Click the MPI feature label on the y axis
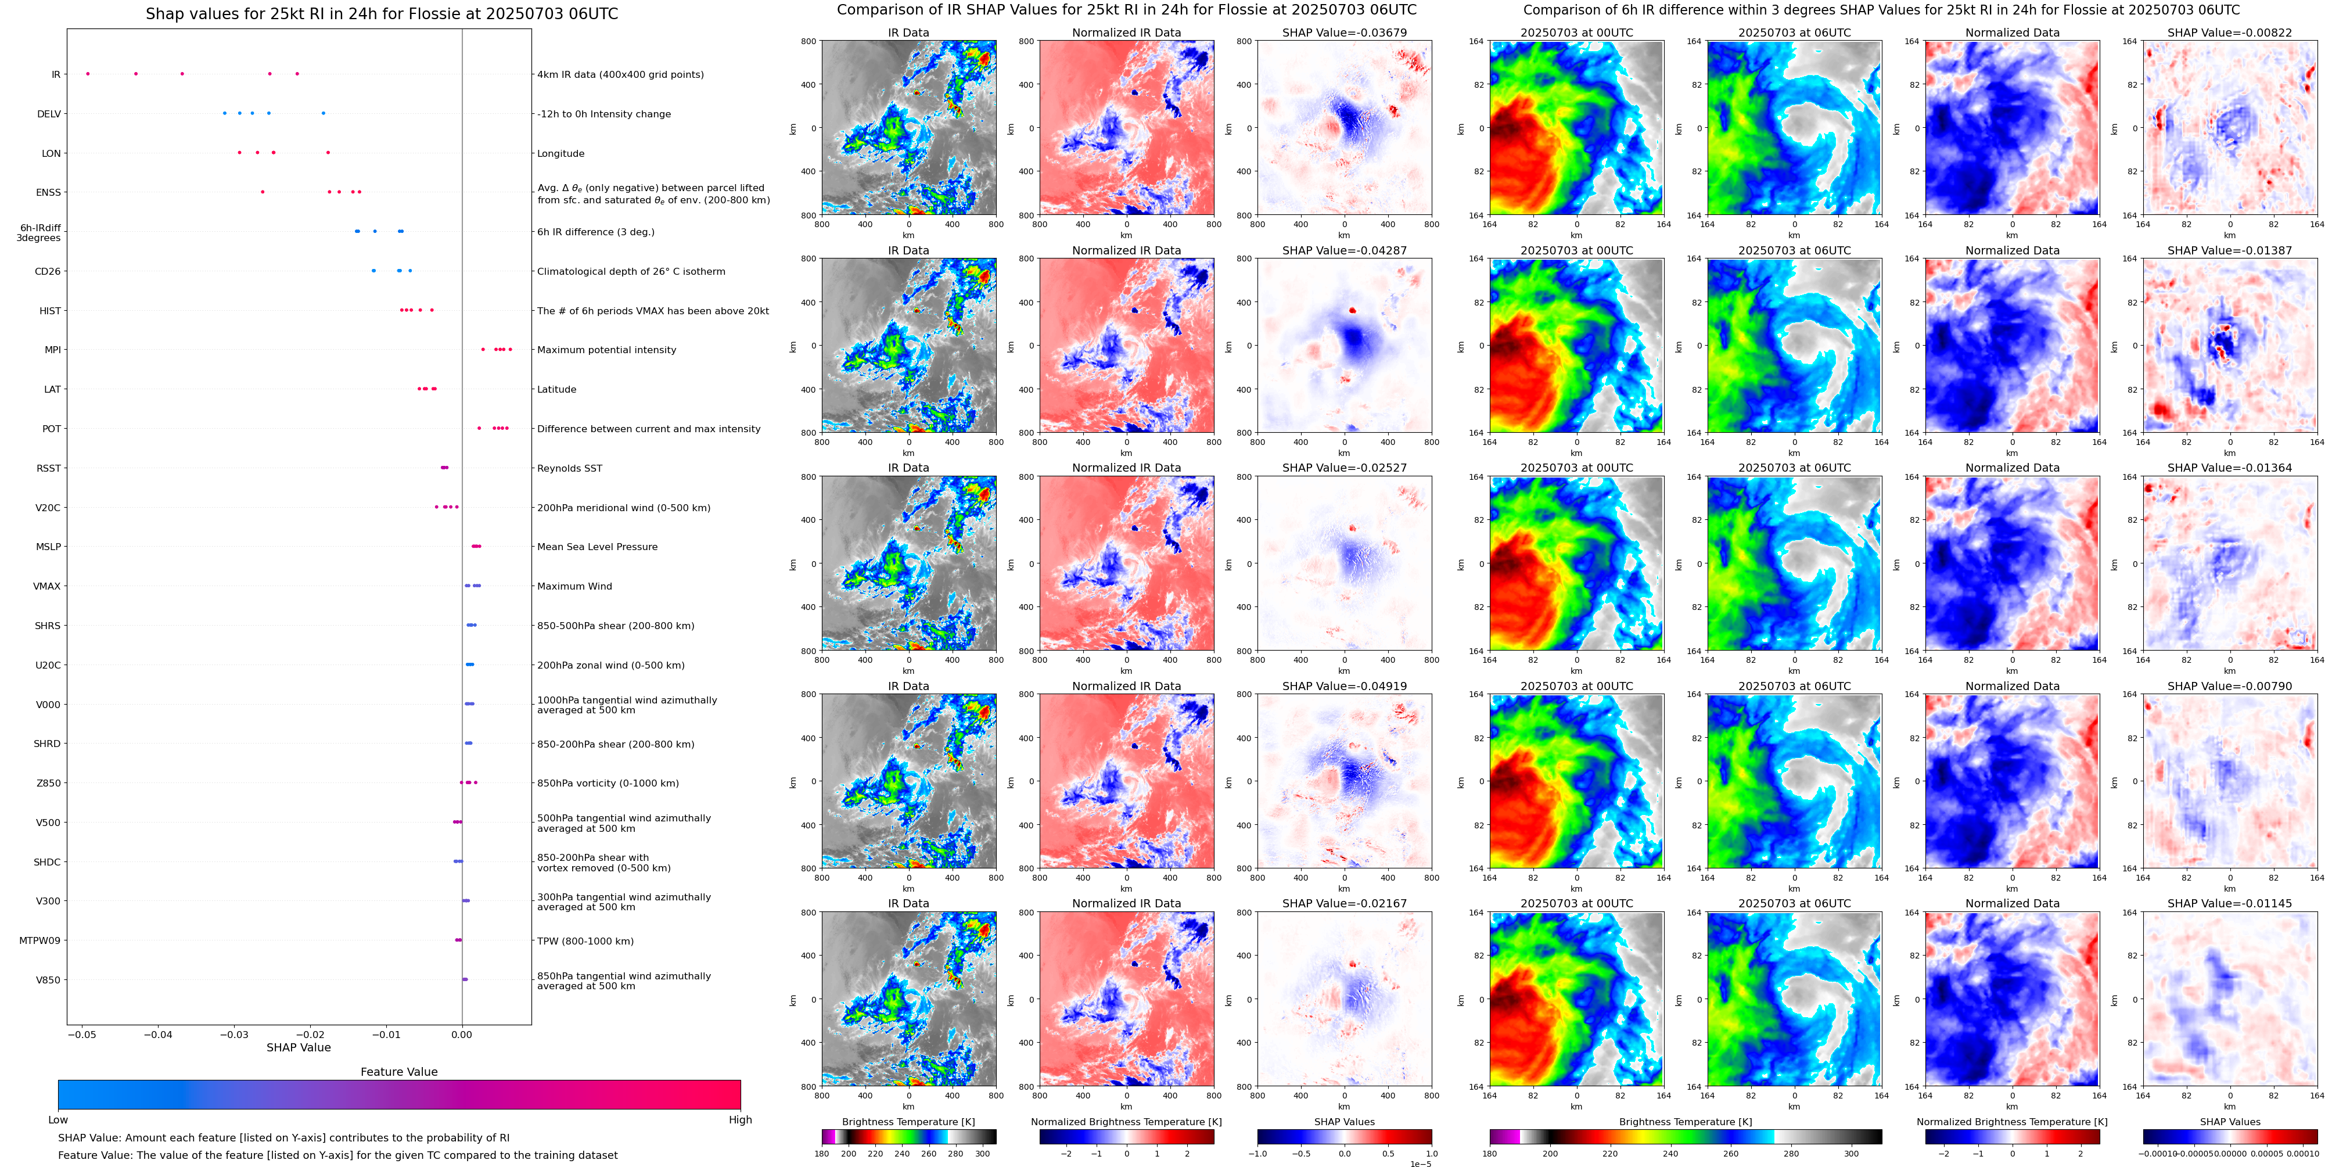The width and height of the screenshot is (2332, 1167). tap(52, 350)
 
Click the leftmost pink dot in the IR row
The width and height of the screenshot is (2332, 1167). tap(88, 73)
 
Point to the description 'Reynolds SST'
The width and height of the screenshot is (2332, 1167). tap(569, 468)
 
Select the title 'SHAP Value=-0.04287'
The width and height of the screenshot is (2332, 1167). tap(1345, 251)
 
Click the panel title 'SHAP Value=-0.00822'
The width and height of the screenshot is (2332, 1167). tap(2230, 33)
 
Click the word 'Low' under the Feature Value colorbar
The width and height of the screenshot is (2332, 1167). tap(58, 1120)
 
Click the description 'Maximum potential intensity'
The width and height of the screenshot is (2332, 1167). tap(606, 350)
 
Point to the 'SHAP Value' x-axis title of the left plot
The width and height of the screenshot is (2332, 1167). tap(299, 1047)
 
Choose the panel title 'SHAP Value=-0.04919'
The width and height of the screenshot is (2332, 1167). tap(1345, 686)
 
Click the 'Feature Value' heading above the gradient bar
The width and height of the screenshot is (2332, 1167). tap(399, 1072)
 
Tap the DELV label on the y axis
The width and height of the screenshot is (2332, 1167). tap(49, 114)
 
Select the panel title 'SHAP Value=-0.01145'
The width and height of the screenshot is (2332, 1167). tap(2230, 903)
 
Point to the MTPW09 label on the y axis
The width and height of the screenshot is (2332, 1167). tap(40, 940)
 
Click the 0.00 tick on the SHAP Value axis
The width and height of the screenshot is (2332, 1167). tap(462, 1034)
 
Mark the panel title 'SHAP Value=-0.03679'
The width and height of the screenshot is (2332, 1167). tap(1345, 33)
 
